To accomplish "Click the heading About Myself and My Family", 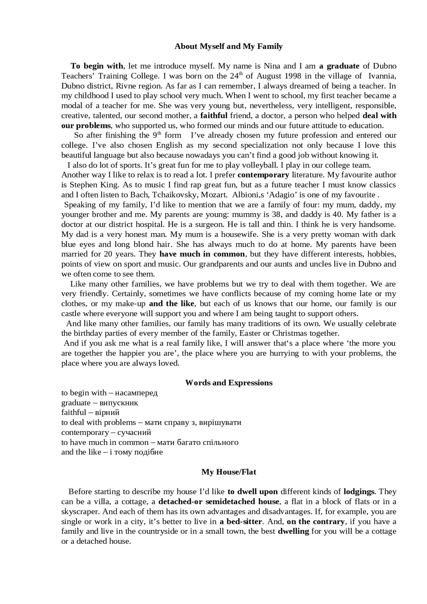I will [x=229, y=46].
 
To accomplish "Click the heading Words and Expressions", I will [x=229, y=383].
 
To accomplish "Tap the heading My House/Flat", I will [x=229, y=472].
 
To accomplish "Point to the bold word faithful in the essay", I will [x=214, y=116].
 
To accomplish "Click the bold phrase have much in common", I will [x=202, y=254].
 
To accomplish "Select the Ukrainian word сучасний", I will [x=134, y=433].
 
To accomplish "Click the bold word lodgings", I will [x=359, y=492].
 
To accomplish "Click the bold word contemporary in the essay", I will [x=263, y=175].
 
